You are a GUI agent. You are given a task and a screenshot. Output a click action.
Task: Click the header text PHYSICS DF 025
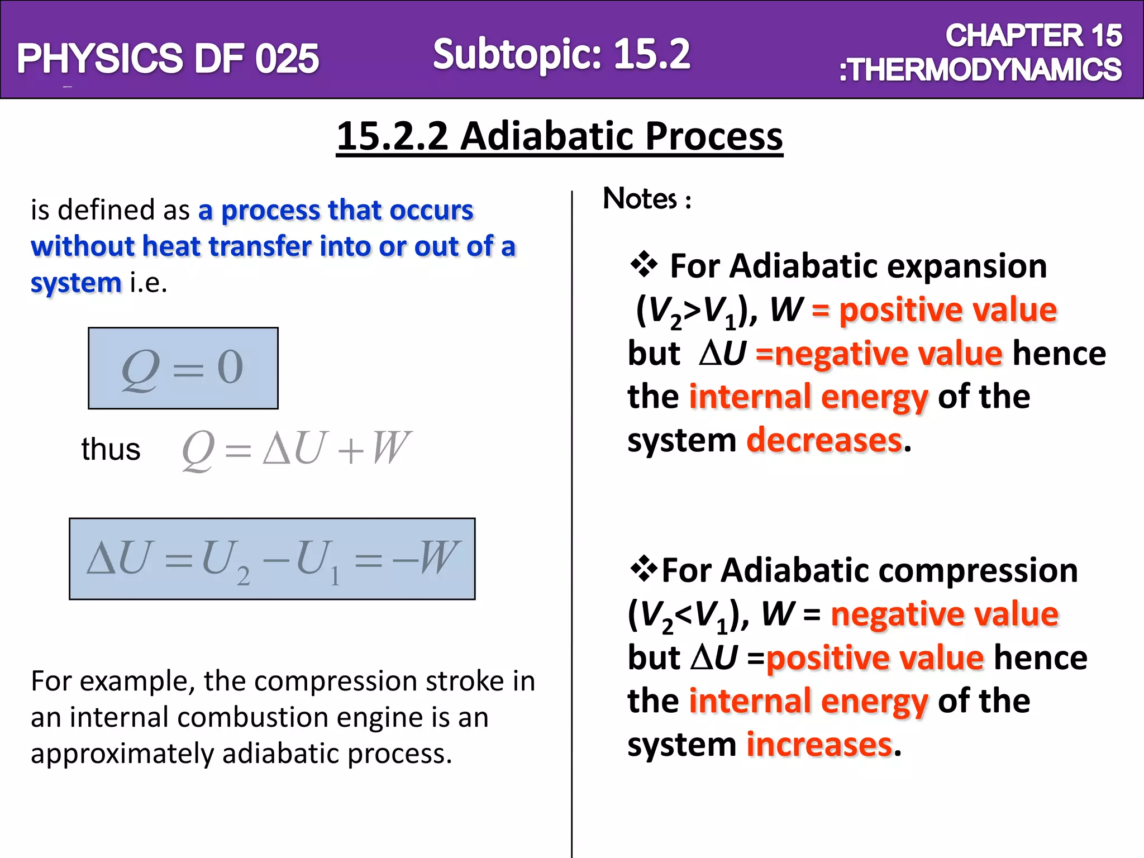tap(168, 59)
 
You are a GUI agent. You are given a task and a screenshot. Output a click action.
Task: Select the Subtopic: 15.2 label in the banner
tap(561, 54)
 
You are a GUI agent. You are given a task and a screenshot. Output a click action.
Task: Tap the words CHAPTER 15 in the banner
tap(1033, 36)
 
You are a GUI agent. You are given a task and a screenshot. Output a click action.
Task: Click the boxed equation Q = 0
tap(183, 368)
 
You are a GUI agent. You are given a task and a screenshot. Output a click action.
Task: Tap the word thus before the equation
tap(111, 449)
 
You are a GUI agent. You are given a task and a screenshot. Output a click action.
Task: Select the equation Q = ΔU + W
tap(296, 449)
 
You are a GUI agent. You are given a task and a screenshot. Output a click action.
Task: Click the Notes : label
tap(647, 199)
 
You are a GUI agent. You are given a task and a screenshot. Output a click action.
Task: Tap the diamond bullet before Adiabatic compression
tap(643, 569)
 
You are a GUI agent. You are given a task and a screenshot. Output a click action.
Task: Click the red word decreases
tap(824, 440)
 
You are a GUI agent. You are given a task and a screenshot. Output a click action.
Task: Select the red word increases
tap(819, 745)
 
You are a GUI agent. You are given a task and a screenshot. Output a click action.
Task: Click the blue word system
tap(76, 283)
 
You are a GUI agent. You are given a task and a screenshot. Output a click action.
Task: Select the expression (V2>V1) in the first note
tap(693, 311)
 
